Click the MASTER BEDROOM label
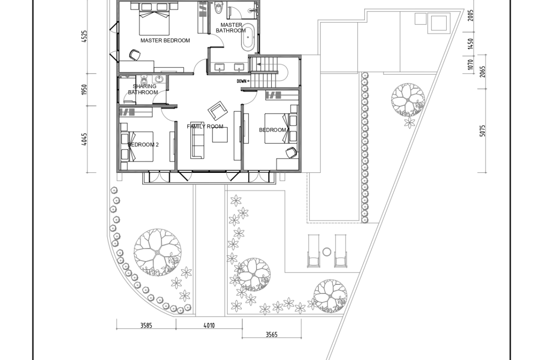[x=165, y=40]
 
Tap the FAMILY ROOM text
[x=205, y=127]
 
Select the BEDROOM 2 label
[x=143, y=145]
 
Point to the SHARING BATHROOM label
[x=143, y=89]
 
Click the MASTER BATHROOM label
[x=231, y=28]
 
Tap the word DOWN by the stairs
[x=241, y=81]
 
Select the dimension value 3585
[x=146, y=325]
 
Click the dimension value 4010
[x=209, y=325]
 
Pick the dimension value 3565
[x=272, y=334]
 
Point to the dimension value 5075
[x=482, y=131]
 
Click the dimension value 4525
[x=84, y=37]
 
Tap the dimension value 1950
[x=84, y=90]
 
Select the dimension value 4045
[x=84, y=139]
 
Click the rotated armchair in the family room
[x=218, y=111]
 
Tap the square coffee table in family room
[x=220, y=134]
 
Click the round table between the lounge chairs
[x=327, y=252]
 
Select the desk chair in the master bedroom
[x=134, y=55]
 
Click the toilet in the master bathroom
[x=218, y=7]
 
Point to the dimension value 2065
[x=482, y=72]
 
